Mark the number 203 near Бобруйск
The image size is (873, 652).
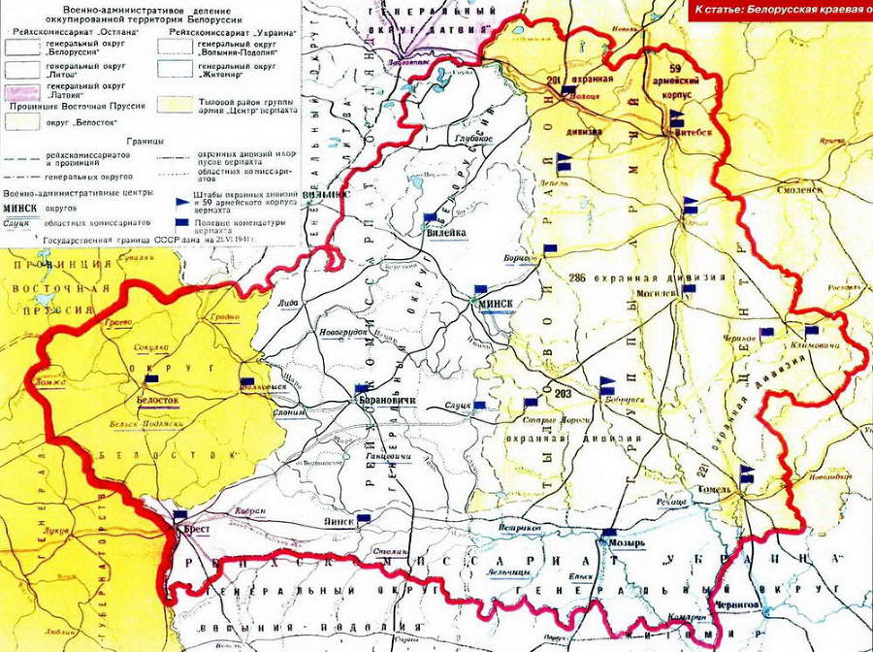pyautogui.click(x=566, y=392)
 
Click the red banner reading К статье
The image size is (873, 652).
pyautogui.click(x=782, y=10)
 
